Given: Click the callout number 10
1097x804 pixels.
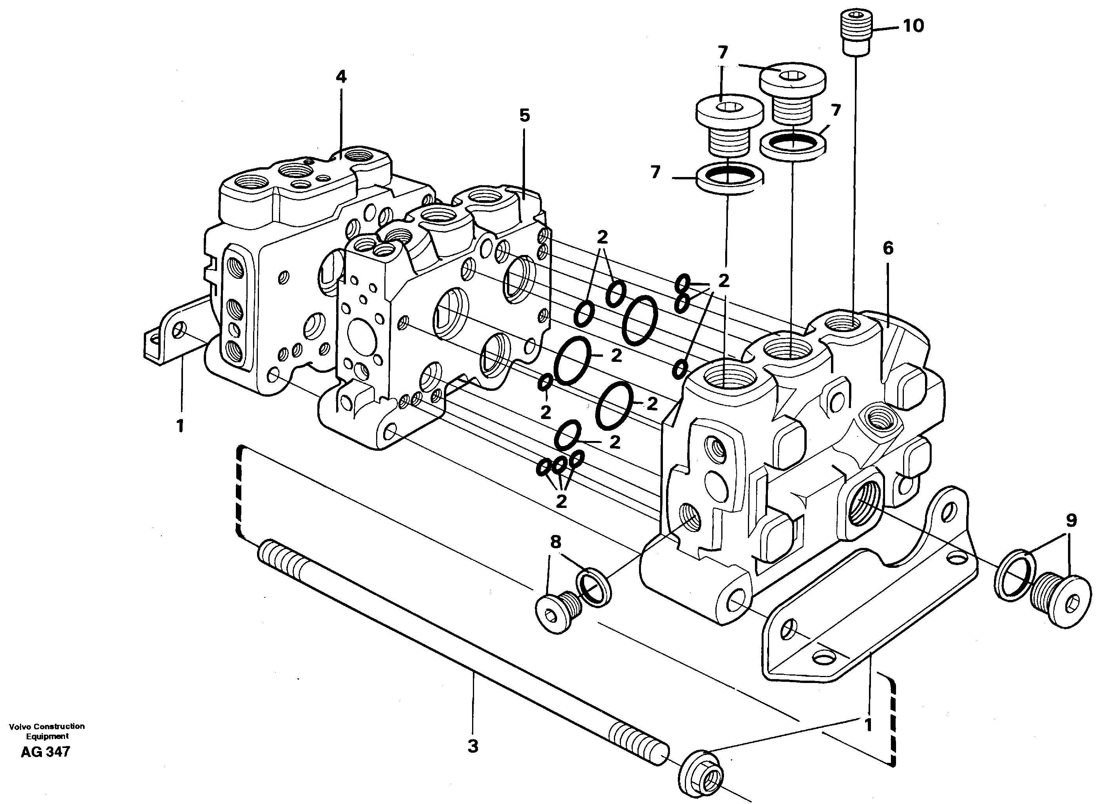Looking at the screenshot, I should pos(913,26).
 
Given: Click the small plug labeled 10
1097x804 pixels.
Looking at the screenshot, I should pos(856,34).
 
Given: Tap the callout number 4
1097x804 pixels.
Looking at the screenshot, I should pos(341,77).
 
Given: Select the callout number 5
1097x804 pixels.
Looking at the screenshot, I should pos(524,116).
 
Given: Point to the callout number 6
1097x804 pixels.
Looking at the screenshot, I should pos(888,249).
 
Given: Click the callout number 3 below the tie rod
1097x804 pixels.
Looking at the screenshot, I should pos(473,760).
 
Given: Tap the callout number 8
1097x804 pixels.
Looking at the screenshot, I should pos(556,541).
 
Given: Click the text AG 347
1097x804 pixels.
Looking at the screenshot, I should pos(46,752).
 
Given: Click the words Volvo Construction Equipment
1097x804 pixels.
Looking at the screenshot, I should pos(47,731).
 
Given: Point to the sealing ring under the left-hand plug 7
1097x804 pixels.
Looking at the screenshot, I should pos(728,178).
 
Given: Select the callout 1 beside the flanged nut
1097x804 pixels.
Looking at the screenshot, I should pos(868,738).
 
